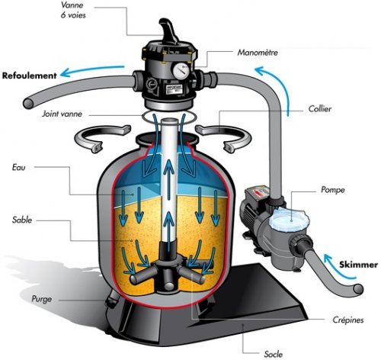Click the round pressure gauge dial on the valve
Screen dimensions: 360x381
coord(180,68)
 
